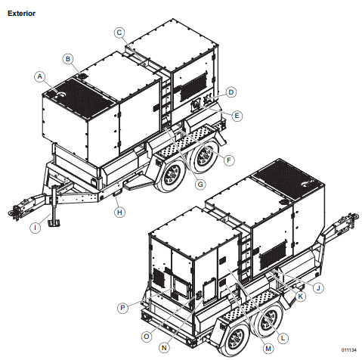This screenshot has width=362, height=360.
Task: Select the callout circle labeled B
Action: [x=67, y=58]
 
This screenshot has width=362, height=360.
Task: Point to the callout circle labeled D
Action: [x=231, y=92]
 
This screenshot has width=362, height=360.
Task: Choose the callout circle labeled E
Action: [x=237, y=115]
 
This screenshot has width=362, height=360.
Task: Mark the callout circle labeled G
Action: [x=200, y=183]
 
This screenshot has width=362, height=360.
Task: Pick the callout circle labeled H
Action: [x=119, y=213]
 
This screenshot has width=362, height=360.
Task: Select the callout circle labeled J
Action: [x=318, y=288]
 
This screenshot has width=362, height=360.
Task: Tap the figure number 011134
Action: [x=348, y=350]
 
